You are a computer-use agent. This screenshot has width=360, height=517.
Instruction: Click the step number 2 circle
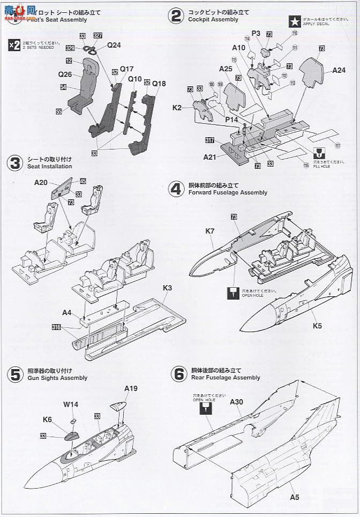click(175, 16)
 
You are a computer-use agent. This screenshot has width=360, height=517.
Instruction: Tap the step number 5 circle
click(16, 374)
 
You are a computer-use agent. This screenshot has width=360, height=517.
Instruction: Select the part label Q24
click(114, 45)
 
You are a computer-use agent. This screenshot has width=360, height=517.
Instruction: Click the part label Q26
click(65, 75)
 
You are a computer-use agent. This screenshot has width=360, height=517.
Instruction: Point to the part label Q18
click(159, 84)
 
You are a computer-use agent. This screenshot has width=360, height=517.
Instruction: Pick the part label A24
click(339, 70)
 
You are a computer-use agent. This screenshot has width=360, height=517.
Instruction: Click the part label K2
click(177, 108)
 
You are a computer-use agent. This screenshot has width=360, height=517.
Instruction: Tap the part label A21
click(211, 157)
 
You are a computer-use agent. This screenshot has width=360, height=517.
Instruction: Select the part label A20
click(41, 182)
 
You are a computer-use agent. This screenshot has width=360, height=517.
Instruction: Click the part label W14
click(71, 404)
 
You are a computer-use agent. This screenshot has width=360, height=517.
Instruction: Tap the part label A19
click(131, 388)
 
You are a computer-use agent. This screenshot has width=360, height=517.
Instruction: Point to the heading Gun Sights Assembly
click(56, 378)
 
